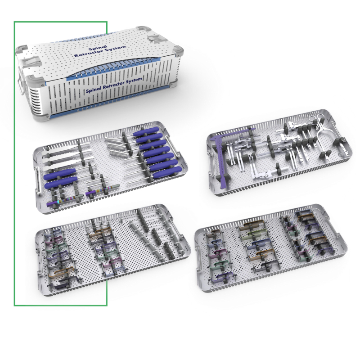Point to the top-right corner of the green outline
click(x=107, y=21)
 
